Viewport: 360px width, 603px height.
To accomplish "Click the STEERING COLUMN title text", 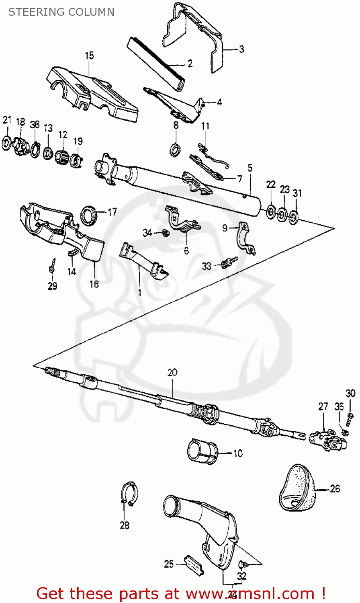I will [61, 12].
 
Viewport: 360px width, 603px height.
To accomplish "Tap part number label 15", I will [89, 55].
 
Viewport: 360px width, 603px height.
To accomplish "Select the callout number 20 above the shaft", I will [172, 373].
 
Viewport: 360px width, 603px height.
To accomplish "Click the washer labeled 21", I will [7, 143].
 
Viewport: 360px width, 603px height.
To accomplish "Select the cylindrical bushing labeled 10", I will [202, 452].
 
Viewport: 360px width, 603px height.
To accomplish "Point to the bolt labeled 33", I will [228, 263].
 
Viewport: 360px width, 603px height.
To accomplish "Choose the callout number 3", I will [241, 49].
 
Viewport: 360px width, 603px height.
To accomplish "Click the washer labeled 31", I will [294, 217].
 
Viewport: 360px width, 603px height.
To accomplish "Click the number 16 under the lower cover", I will [94, 284].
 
